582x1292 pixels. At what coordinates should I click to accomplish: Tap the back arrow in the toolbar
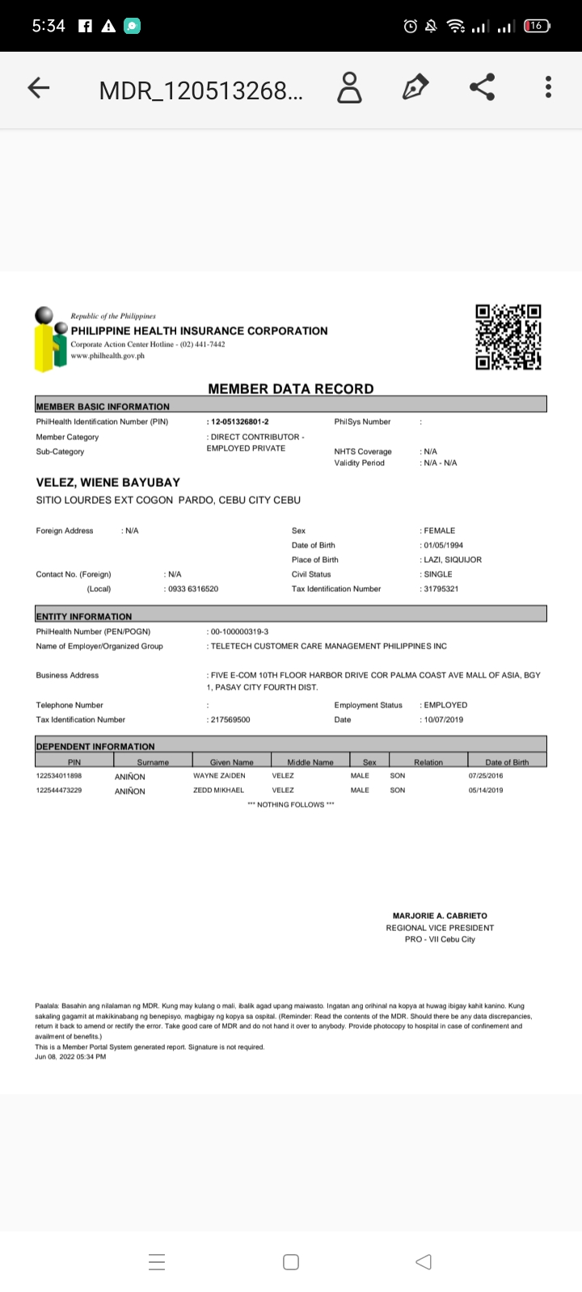click(39, 89)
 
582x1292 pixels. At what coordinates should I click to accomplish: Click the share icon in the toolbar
click(482, 87)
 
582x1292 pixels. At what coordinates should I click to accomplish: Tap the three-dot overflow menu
click(549, 87)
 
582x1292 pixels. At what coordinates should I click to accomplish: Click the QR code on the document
click(508, 337)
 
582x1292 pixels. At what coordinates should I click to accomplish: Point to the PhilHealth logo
click(51, 339)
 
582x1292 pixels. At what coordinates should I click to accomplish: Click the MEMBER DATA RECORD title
click(291, 388)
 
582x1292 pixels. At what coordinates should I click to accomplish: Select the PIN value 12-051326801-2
click(239, 422)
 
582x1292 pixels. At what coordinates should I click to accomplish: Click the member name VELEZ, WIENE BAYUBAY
click(108, 482)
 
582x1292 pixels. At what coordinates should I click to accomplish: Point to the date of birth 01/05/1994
click(443, 545)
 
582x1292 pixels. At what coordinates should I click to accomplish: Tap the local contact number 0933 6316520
click(193, 589)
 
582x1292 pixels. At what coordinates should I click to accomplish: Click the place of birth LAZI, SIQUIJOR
click(453, 560)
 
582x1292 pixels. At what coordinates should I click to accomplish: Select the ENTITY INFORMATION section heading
click(84, 616)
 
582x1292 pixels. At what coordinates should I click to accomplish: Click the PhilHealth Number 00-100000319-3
click(240, 631)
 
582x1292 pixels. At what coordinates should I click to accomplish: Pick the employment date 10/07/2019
click(444, 719)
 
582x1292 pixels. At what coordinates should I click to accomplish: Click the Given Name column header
click(231, 761)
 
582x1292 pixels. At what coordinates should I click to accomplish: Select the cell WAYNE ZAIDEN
click(219, 775)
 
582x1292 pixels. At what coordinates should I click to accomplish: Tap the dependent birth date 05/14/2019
click(485, 790)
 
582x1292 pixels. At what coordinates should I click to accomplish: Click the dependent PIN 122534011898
click(59, 775)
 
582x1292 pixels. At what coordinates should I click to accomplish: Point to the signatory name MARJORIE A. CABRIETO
click(440, 916)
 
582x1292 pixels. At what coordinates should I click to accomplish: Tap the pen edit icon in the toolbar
click(415, 87)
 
